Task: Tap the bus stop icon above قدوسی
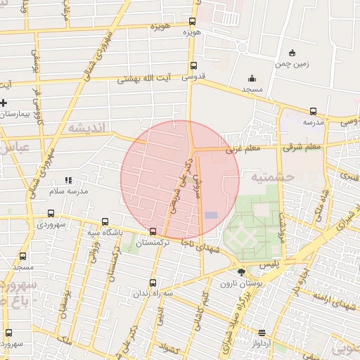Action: [x=193, y=67]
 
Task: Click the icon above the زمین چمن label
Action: [x=292, y=53]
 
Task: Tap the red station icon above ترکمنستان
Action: [x=153, y=231]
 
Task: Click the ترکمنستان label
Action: [x=153, y=243]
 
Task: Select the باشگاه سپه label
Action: [x=105, y=232]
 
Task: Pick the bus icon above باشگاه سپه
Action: [x=105, y=221]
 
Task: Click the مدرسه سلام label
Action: [x=67, y=191]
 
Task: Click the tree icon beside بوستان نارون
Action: [x=242, y=271]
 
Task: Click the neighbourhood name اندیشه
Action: [x=86, y=129]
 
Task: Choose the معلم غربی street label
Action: [x=243, y=149]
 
